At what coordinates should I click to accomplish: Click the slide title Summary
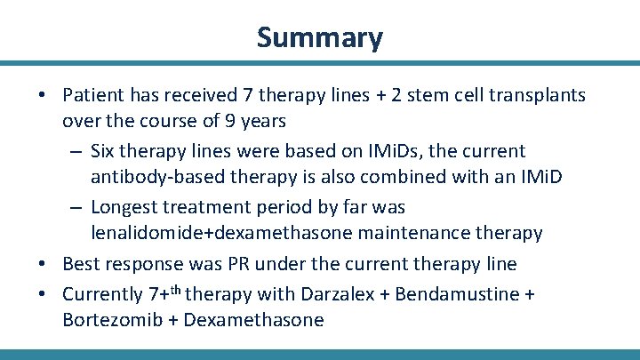click(320, 37)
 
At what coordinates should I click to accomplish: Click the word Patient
click(94, 95)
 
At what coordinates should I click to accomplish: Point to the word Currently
click(103, 294)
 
